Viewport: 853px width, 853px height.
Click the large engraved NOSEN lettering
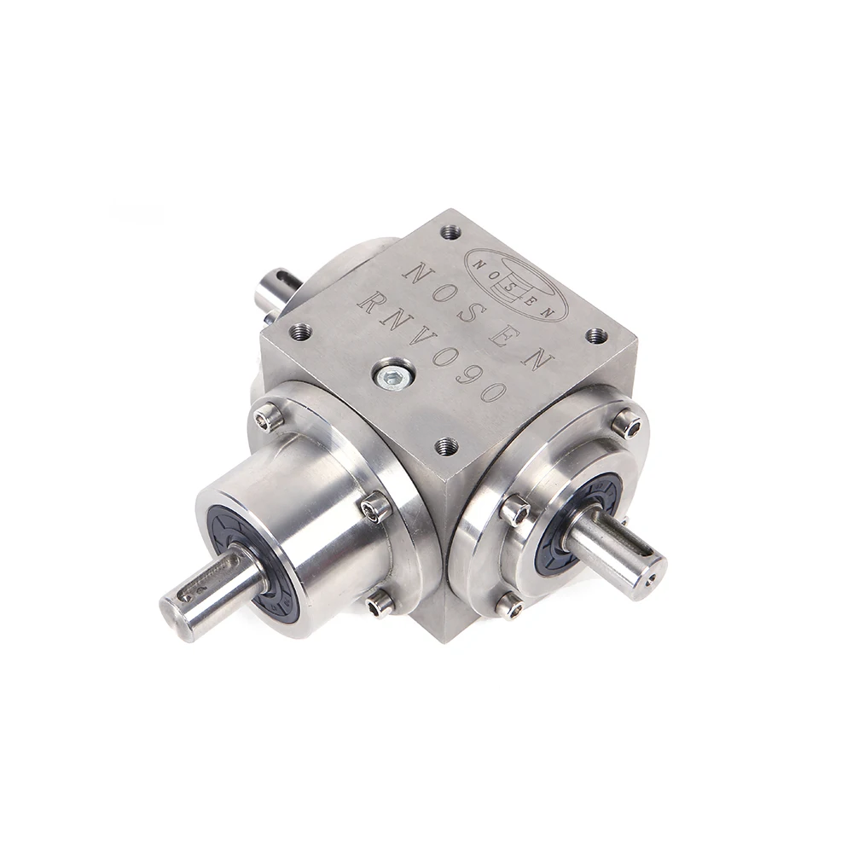tap(478, 316)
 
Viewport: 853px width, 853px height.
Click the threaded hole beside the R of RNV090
tap(300, 331)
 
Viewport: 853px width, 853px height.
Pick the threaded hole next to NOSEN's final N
tap(596, 335)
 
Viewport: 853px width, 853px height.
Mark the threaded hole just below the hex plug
tap(445, 444)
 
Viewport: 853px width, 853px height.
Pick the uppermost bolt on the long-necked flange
tap(268, 416)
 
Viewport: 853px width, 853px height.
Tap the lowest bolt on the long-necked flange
tap(380, 604)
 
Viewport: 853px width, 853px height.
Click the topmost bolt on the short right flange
tap(627, 423)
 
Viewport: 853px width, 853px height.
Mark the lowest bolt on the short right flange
tap(509, 606)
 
